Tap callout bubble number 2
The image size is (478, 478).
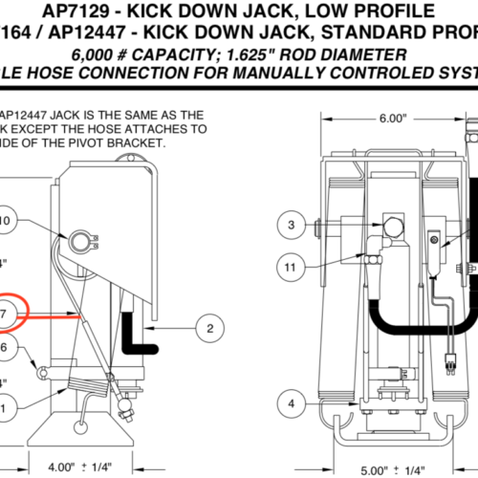[209, 329]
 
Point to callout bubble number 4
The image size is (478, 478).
[292, 403]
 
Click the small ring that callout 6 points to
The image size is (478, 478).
[40, 367]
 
